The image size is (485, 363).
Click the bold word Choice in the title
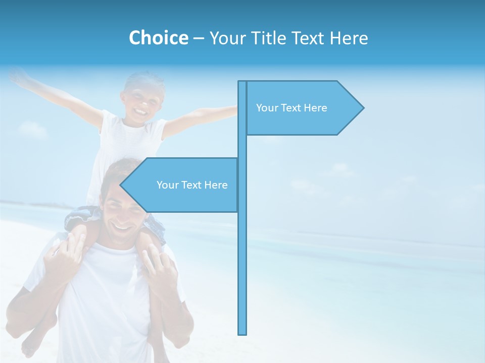pos(158,38)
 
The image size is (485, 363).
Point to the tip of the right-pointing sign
pos(363,107)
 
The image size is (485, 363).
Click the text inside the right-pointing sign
pos(292,108)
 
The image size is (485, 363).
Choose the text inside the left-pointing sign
pos(192,185)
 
